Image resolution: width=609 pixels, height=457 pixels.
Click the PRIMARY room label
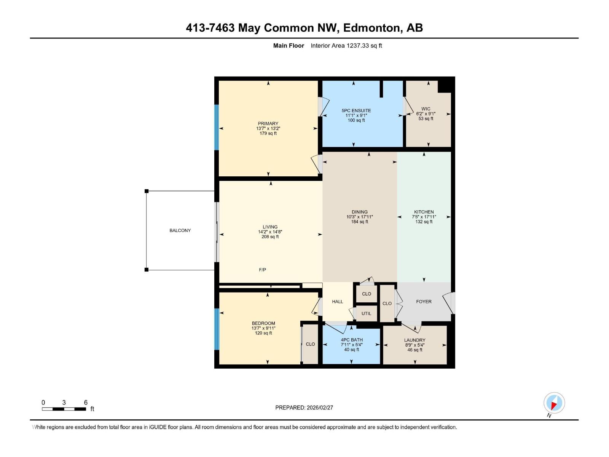pos(268,123)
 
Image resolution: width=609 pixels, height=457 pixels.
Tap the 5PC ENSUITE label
pos(356,110)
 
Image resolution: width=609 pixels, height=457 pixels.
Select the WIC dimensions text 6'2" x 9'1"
pos(426,113)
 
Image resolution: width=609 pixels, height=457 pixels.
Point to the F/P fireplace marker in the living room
pos(262,270)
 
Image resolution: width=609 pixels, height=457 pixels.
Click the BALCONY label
pos(180,230)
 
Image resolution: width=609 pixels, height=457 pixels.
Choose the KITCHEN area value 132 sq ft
pos(424,222)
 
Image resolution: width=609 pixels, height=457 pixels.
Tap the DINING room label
pos(359,212)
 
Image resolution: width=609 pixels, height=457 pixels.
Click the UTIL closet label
pos(366,313)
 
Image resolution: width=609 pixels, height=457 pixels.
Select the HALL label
pos(337,302)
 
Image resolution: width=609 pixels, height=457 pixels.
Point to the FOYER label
pos(424,302)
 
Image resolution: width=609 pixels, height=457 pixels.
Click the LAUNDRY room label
pos(415,340)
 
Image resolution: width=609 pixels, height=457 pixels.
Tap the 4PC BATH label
pos(351,340)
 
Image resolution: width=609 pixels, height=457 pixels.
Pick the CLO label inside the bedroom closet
pos(310,344)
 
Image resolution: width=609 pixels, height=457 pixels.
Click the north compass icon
pos(554,403)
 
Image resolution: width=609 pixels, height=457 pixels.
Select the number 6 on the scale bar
pos(86,403)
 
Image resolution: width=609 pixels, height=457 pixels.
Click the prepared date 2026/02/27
pos(319,407)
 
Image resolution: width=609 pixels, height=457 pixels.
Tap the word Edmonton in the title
pos(372,28)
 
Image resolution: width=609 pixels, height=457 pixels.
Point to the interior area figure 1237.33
pos(358,46)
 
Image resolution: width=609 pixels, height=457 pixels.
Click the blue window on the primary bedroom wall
pos(217,127)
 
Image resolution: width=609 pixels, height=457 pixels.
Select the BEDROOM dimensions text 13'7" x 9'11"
pos(263,328)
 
